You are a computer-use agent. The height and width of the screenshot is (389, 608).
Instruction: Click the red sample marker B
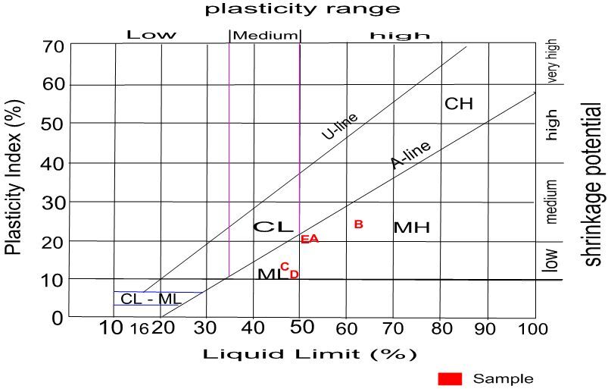(x=359, y=224)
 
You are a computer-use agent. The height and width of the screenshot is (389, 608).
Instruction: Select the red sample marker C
(x=285, y=266)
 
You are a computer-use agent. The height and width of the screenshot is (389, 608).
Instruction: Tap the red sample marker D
(x=294, y=274)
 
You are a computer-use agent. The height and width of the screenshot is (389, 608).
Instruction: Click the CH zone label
(x=458, y=103)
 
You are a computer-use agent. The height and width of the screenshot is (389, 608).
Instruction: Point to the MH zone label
(x=412, y=227)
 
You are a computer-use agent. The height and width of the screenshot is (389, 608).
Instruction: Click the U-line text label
(x=339, y=127)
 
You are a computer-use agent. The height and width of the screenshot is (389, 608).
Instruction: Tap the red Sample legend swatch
(x=449, y=378)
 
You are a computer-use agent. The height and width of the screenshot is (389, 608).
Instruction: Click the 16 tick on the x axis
(x=139, y=329)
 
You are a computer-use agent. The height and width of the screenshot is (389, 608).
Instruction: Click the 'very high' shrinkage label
(x=553, y=64)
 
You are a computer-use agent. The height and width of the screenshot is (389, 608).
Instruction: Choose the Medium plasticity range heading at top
(x=265, y=35)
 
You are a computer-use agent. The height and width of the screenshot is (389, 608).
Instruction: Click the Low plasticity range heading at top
(x=151, y=35)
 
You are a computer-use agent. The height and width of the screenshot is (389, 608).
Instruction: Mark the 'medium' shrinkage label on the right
(x=553, y=202)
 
